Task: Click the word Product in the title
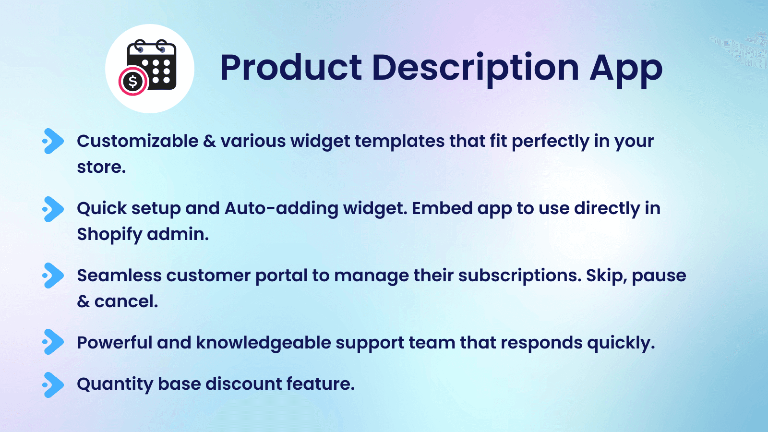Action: pyautogui.click(x=291, y=68)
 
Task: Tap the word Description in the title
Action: pyautogui.click(x=475, y=68)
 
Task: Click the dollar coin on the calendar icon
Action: pyautogui.click(x=133, y=82)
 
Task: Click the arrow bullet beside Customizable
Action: pyautogui.click(x=53, y=141)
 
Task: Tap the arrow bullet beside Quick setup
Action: pyautogui.click(x=53, y=209)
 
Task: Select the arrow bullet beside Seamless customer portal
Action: pyautogui.click(x=53, y=276)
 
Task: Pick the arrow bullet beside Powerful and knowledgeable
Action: pyautogui.click(x=53, y=342)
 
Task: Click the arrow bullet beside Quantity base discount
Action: pyautogui.click(x=53, y=384)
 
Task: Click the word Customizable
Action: pyautogui.click(x=137, y=141)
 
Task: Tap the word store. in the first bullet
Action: pyautogui.click(x=101, y=167)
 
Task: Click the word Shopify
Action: pyautogui.click(x=109, y=235)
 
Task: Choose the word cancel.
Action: pyautogui.click(x=126, y=301)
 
